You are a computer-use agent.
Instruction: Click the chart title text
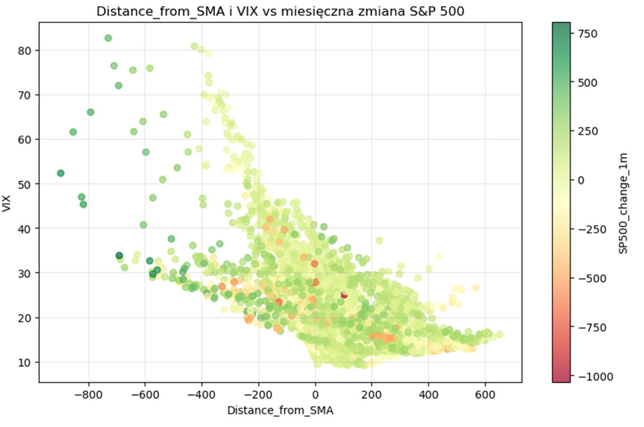coord(276,12)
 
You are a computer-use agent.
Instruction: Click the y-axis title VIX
coord(7,205)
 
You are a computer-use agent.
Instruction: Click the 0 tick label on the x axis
coord(315,396)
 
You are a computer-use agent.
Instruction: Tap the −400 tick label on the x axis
coord(202,396)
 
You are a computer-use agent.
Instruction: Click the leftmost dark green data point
coord(61,173)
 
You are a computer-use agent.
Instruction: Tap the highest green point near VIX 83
coord(108,38)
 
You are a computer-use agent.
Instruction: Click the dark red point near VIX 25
coord(344,295)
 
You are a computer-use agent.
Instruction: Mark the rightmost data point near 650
coord(499,335)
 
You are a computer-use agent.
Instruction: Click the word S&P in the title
coord(422,12)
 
